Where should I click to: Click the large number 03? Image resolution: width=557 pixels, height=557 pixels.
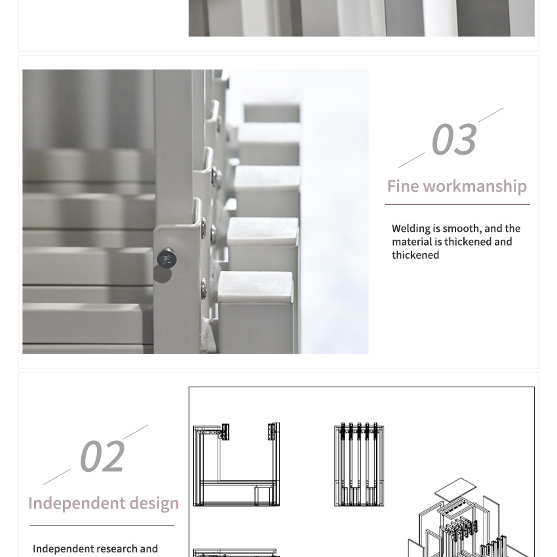[454, 139]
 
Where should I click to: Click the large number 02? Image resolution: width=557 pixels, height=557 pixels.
[102, 456]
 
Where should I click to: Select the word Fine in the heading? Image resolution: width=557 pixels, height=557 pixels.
[403, 186]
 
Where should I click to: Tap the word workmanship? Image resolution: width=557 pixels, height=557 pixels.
[475, 187]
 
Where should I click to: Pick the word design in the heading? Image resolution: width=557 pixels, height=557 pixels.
[154, 504]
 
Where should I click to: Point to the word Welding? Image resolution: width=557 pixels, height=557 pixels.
[411, 229]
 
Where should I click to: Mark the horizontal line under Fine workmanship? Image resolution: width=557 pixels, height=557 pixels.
[457, 204]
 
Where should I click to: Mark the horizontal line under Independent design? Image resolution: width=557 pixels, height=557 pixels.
[102, 526]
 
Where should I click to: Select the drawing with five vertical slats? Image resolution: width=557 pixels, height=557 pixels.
[359, 465]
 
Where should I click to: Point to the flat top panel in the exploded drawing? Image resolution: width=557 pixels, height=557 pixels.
[456, 488]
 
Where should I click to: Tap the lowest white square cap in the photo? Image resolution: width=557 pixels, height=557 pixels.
[256, 286]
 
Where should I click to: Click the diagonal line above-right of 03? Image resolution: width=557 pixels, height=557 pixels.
[491, 115]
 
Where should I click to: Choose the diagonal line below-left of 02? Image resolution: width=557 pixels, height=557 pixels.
[56, 477]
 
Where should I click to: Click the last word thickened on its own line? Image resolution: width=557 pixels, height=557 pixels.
[415, 255]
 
